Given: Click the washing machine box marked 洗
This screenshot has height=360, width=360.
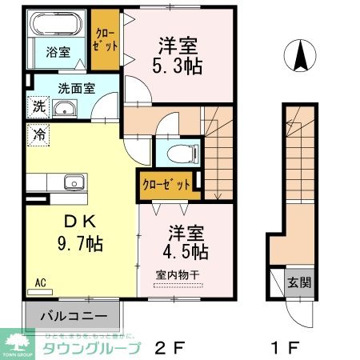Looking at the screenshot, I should coord(38,106).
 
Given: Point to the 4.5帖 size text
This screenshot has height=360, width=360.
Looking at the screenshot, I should coord(187,252).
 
